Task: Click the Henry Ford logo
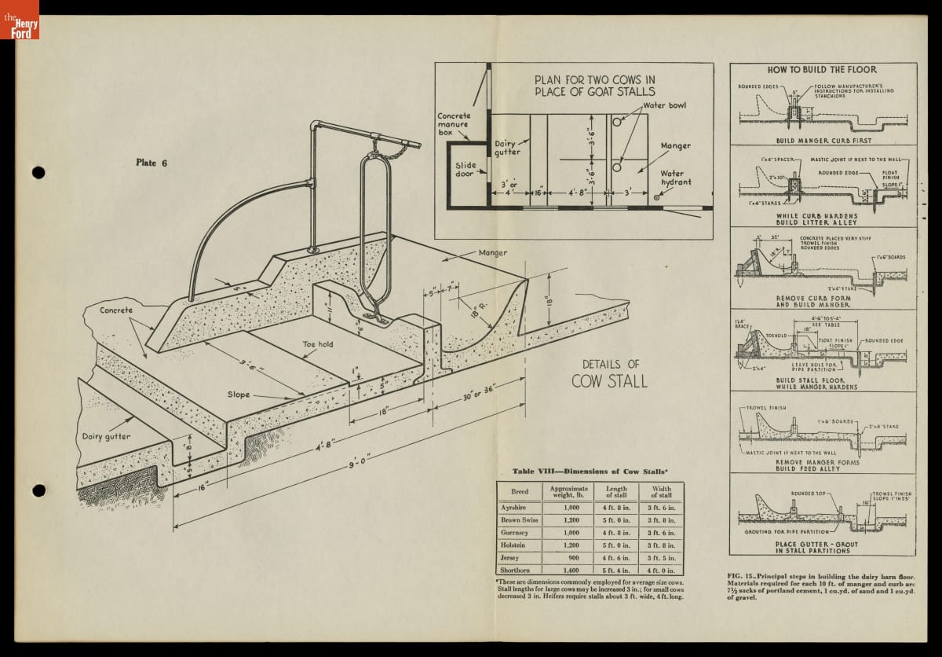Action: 20,20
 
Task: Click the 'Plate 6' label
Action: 152,163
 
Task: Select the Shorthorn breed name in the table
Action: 515,570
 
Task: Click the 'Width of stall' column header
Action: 660,492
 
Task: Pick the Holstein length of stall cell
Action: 616,545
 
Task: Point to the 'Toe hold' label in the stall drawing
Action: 319,344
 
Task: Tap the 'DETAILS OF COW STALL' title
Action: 610,373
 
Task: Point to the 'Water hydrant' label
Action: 675,178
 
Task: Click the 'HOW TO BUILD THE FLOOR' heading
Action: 822,70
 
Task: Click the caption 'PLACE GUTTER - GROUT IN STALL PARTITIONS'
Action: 816,548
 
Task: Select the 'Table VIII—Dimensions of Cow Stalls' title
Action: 590,471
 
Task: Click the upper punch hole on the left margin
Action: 38,173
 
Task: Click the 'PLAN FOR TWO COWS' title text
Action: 594,85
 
